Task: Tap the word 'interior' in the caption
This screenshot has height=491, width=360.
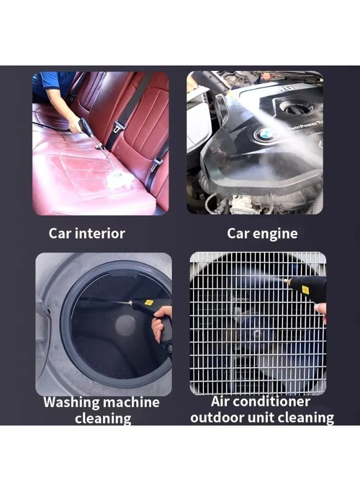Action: [x=100, y=234]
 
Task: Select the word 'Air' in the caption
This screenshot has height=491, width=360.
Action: [x=221, y=402]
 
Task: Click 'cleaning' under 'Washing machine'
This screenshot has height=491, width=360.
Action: [x=103, y=419]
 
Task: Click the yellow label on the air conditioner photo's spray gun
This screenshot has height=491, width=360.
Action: [x=305, y=290]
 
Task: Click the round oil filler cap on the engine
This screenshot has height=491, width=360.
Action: [x=297, y=107]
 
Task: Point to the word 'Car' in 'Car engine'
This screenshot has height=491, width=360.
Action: [x=238, y=234]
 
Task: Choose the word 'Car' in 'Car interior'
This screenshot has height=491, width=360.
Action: [x=59, y=234]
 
